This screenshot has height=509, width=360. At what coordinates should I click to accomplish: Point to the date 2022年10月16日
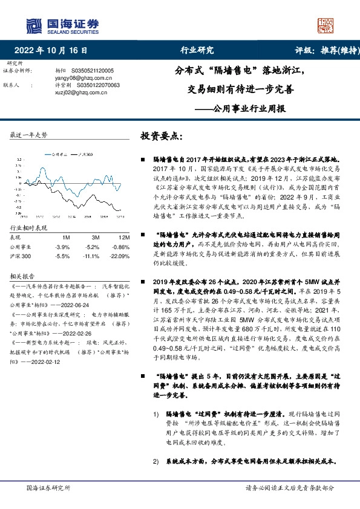(54, 51)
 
